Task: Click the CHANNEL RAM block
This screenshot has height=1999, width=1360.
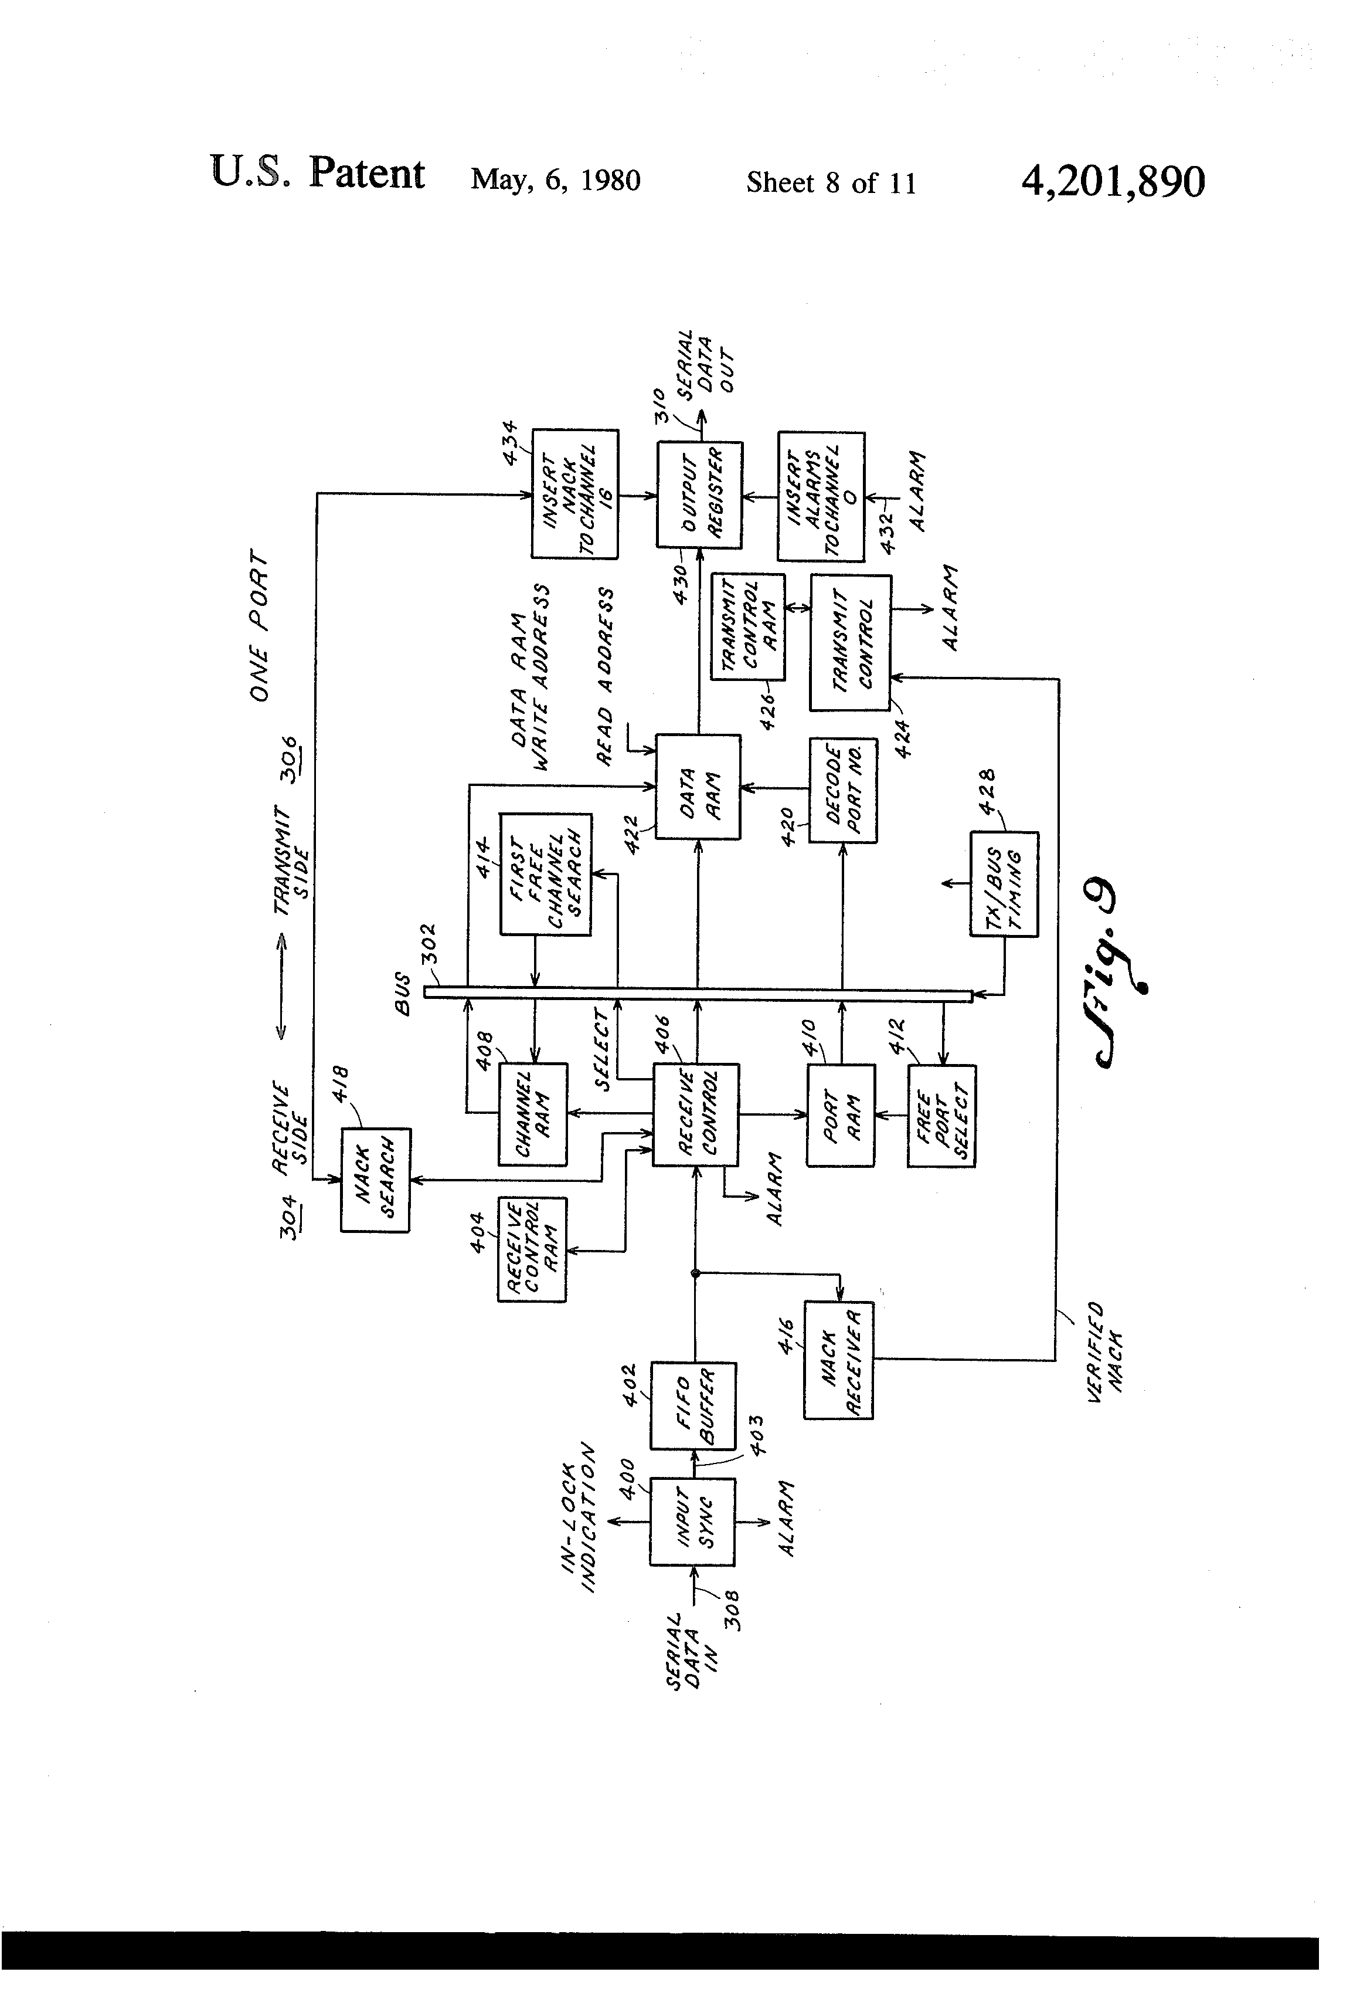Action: point(533,1114)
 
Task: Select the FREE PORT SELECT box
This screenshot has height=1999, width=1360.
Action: point(941,1116)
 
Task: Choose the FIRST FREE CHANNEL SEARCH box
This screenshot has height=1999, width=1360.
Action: point(546,874)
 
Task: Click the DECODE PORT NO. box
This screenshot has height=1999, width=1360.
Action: point(842,790)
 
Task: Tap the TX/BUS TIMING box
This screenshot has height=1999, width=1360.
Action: point(1004,883)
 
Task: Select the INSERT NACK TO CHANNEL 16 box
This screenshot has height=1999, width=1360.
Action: point(575,494)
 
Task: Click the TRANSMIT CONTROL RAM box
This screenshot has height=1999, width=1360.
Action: point(748,626)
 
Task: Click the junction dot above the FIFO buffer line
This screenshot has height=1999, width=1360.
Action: point(695,1273)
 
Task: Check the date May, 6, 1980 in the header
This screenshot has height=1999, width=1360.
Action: point(555,179)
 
